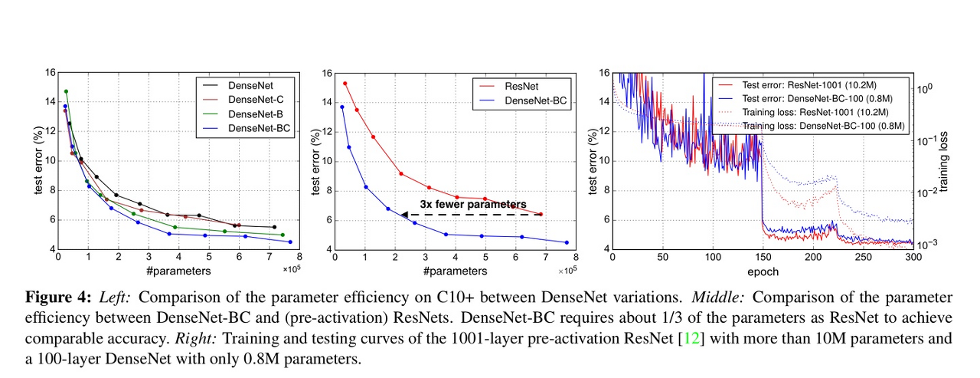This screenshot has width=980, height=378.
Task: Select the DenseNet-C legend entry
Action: (251, 100)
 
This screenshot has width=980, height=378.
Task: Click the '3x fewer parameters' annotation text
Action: (472, 204)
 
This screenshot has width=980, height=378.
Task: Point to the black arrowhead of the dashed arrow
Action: (404, 215)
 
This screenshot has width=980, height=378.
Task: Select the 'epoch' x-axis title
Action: (763, 271)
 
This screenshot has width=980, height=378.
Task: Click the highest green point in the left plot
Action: (66, 91)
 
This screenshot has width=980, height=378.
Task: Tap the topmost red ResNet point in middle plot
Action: (345, 84)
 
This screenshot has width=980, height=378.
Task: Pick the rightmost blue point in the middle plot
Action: (567, 242)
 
